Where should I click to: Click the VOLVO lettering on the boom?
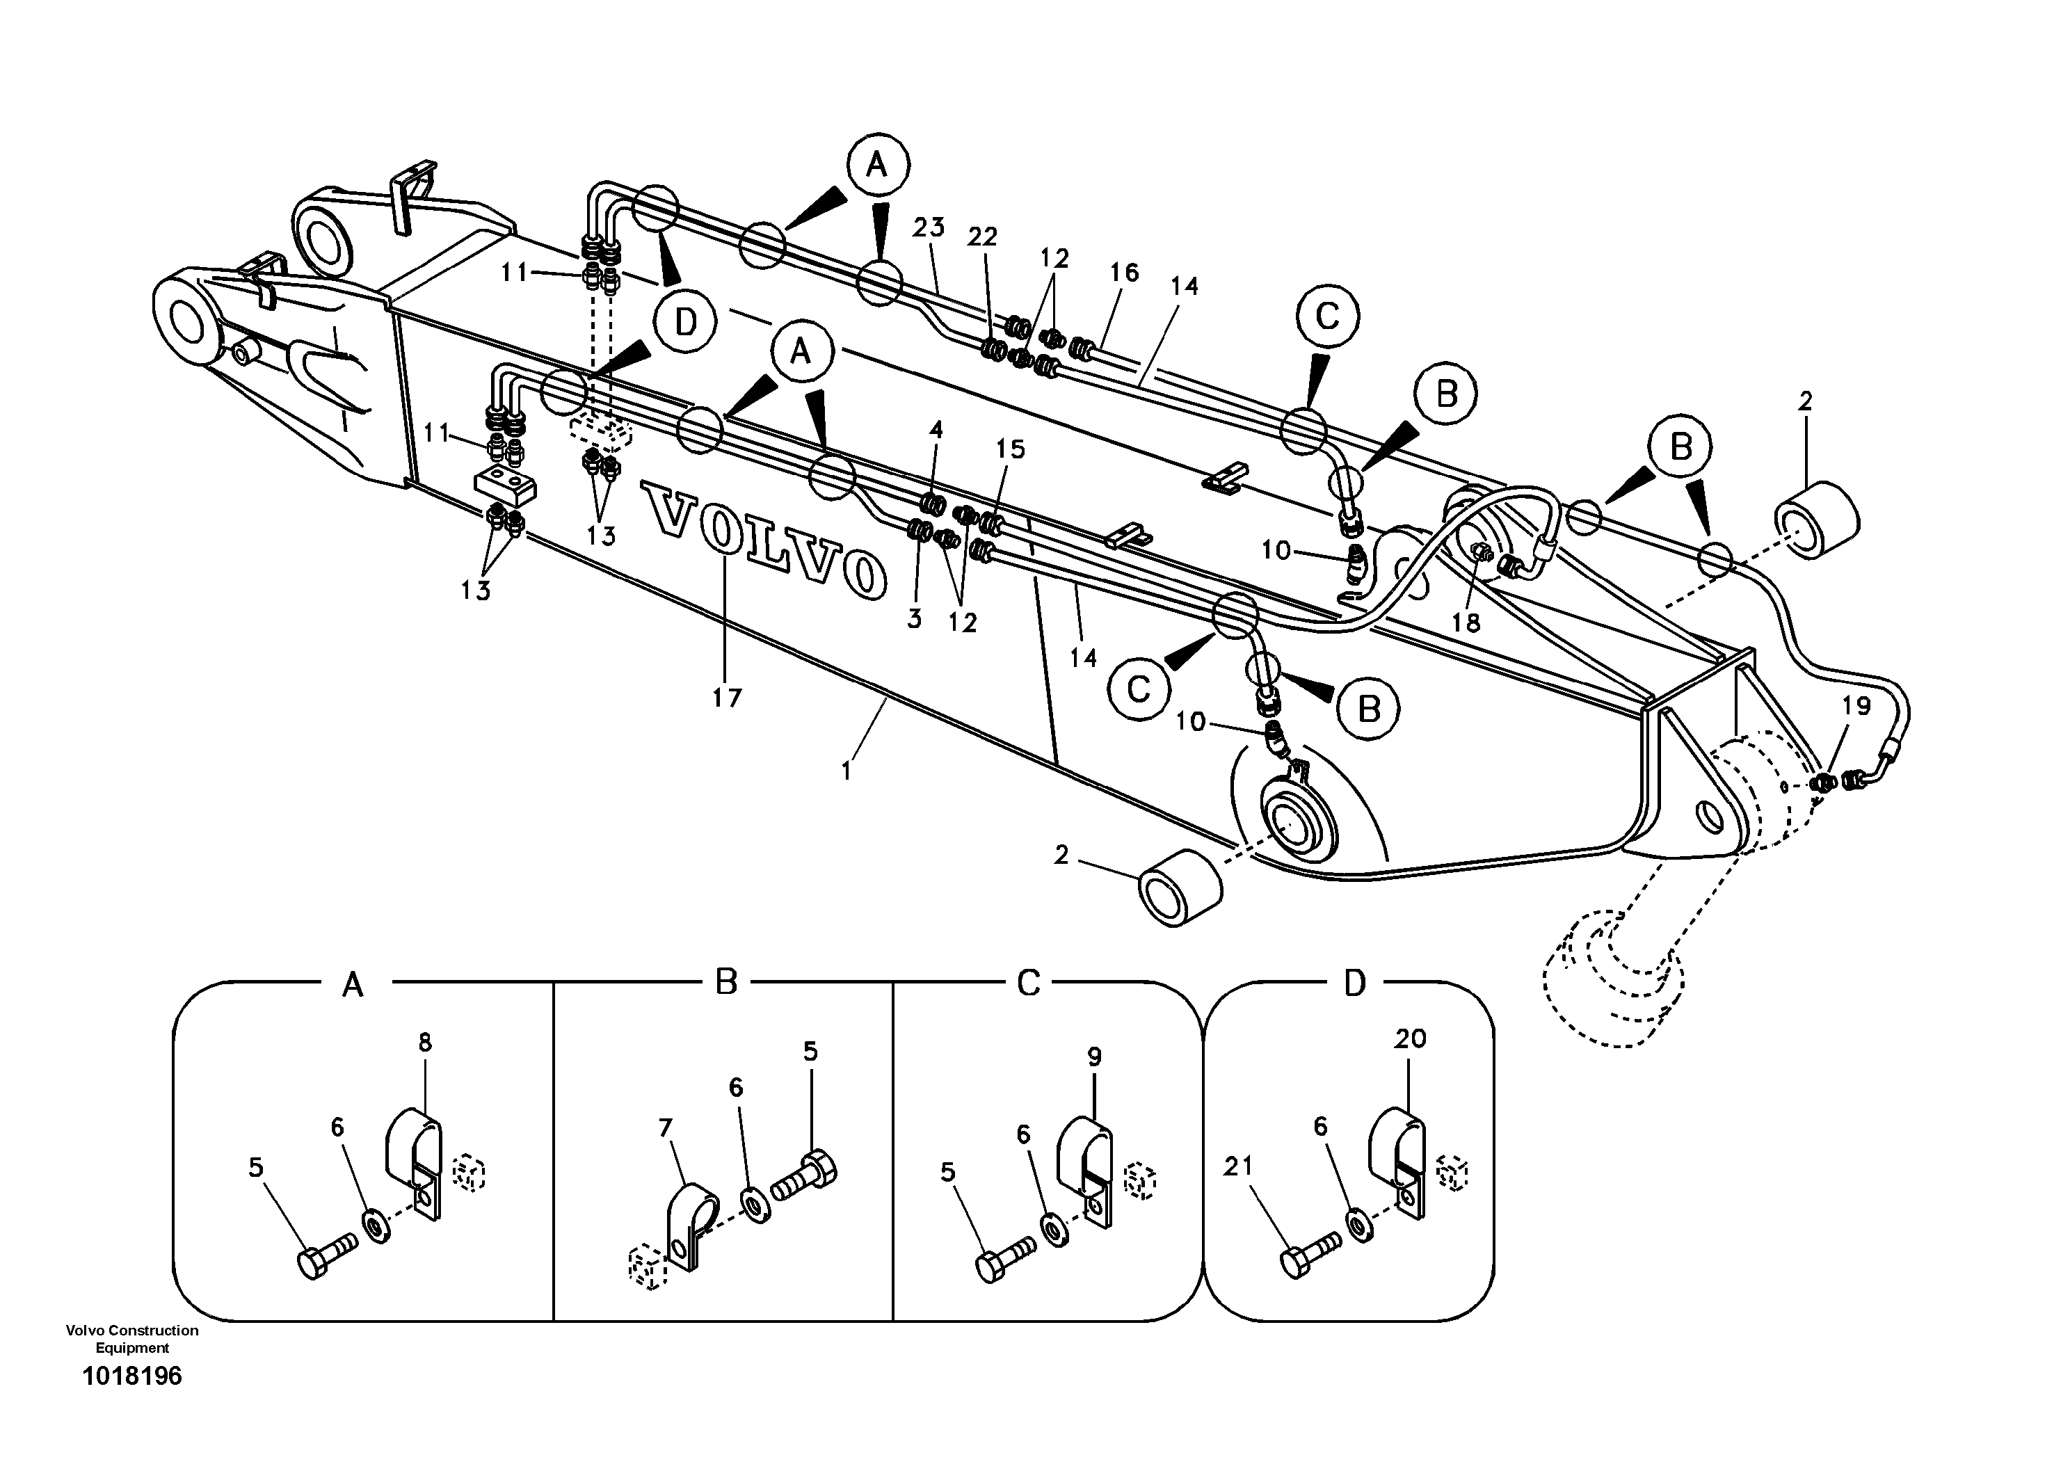click(762, 537)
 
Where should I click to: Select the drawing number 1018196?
click(131, 1376)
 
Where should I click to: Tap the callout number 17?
click(727, 697)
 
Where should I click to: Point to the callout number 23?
click(928, 227)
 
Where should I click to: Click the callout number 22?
click(982, 237)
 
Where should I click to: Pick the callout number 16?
click(1123, 271)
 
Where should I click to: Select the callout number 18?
click(1466, 622)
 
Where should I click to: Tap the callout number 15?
click(1011, 449)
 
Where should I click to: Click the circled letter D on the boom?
click(685, 321)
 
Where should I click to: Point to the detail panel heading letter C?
click(1028, 983)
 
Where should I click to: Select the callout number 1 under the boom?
click(846, 771)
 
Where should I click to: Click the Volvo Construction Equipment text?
click(131, 1338)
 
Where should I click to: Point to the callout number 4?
click(936, 429)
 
